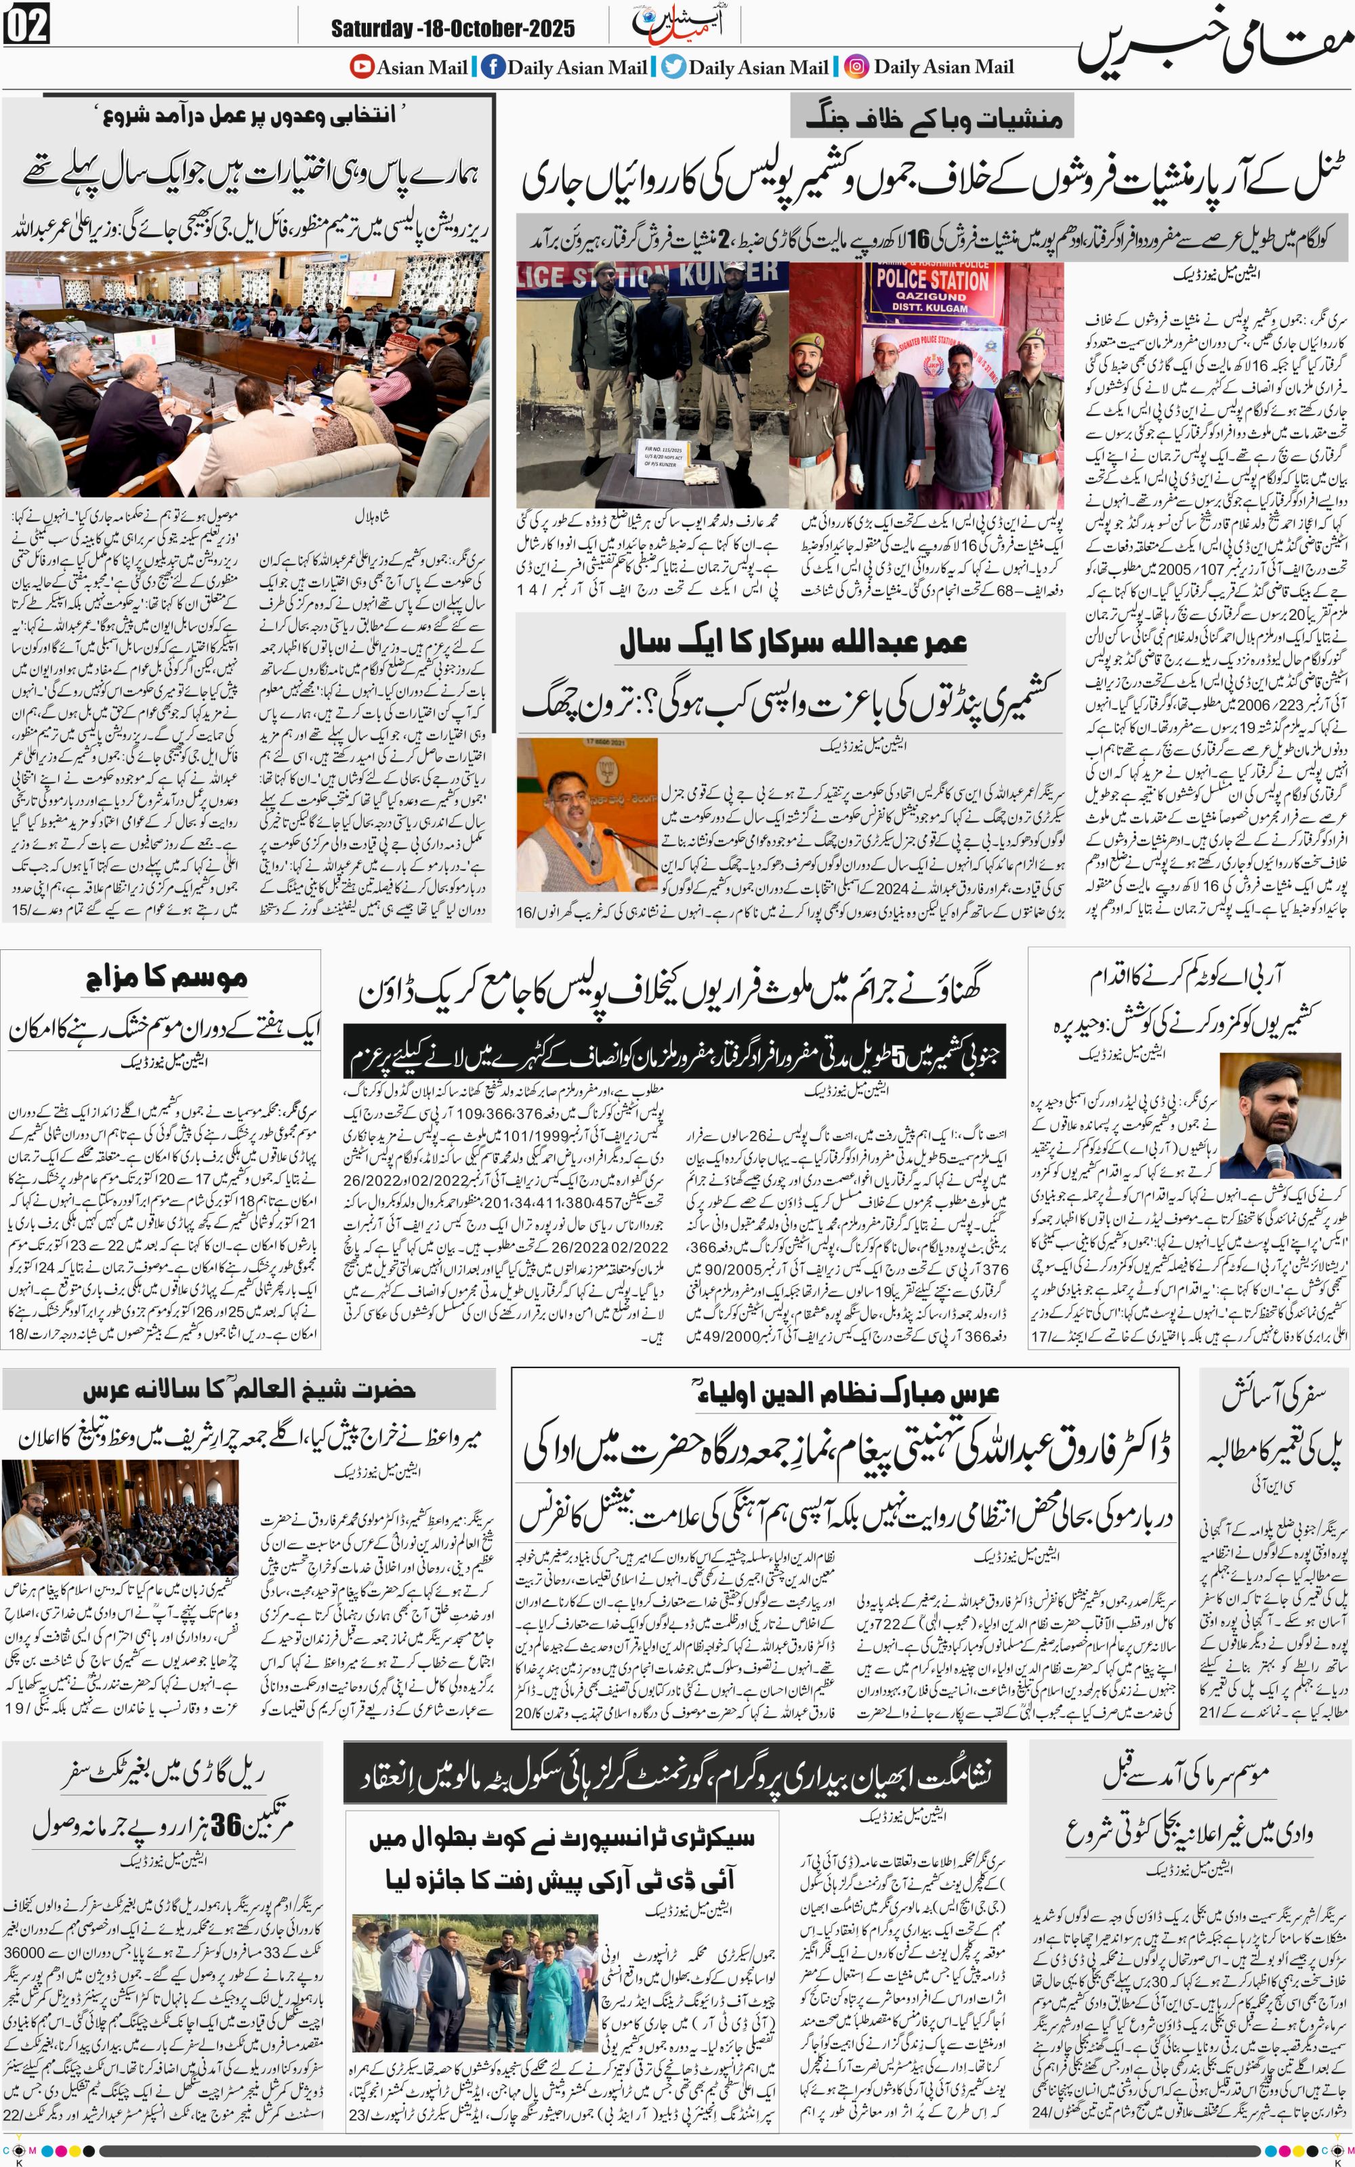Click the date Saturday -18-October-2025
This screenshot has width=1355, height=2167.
pyautogui.click(x=453, y=28)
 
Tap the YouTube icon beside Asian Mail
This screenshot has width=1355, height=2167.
pyautogui.click(x=361, y=66)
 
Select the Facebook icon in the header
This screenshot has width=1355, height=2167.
pyautogui.click(x=492, y=66)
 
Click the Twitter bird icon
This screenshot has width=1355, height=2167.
pyautogui.click(x=673, y=66)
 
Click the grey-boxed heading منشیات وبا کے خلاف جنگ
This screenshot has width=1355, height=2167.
pyautogui.click(x=932, y=119)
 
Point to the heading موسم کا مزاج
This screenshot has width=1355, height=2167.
pyautogui.click(x=166, y=977)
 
